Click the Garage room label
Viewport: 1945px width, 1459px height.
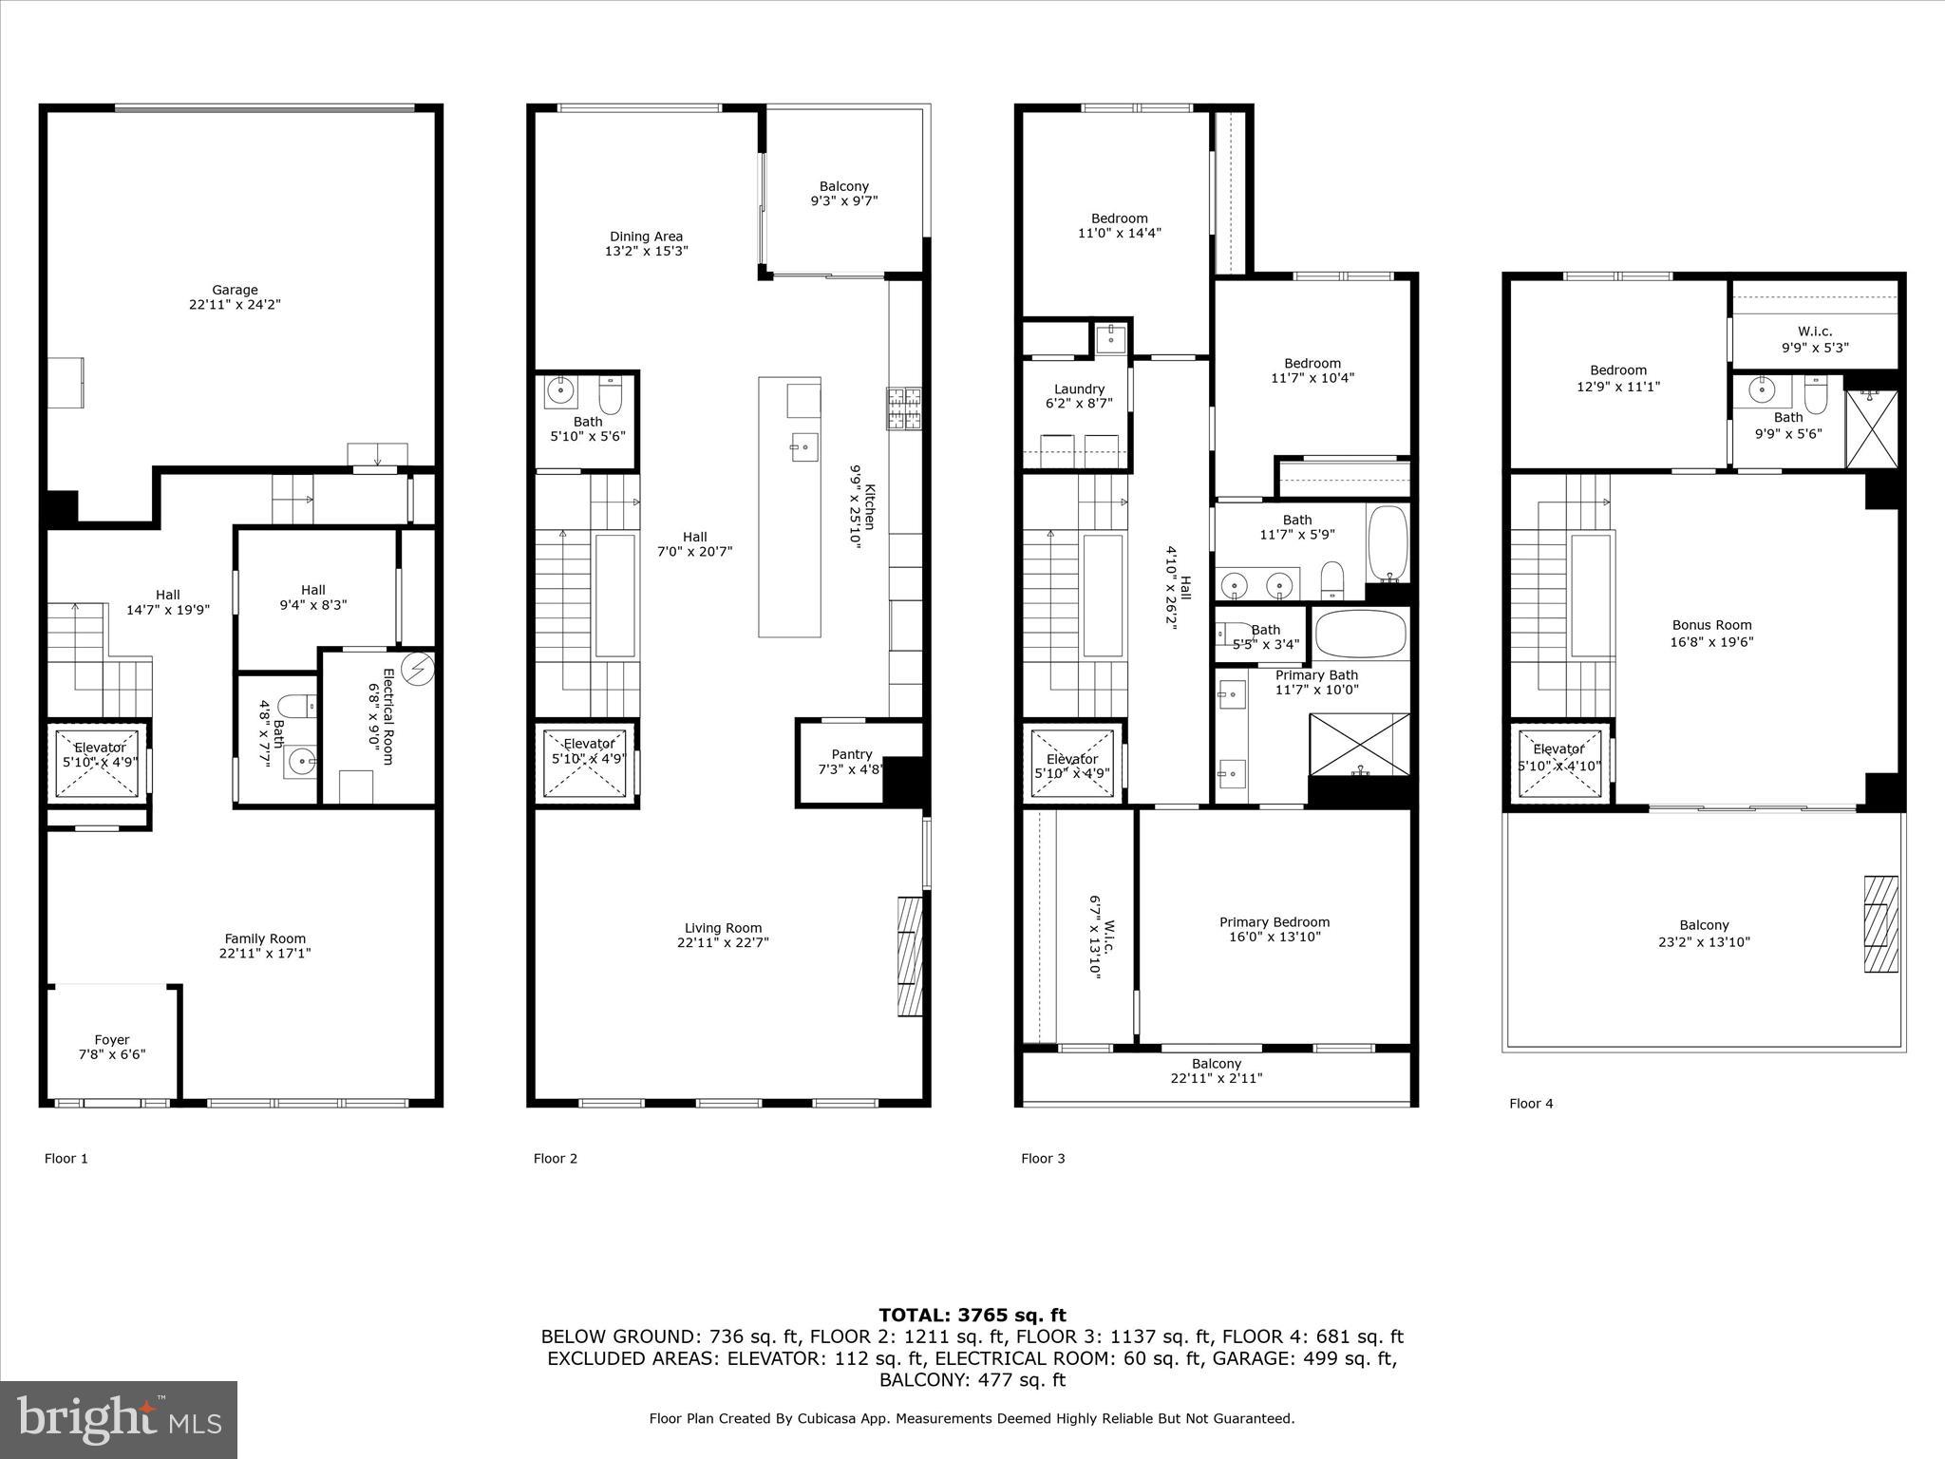pos(235,297)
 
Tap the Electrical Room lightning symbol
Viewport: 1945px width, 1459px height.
pos(418,669)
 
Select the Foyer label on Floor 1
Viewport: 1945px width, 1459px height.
pos(112,1047)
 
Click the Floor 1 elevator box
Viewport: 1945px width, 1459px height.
pos(100,762)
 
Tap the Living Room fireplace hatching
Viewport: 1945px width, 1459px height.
pos(910,956)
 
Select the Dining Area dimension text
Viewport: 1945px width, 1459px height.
pos(646,252)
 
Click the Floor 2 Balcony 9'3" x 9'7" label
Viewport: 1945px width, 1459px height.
pos(843,194)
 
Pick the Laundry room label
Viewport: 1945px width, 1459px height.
pos(1079,396)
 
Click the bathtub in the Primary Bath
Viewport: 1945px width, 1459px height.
pos(1361,633)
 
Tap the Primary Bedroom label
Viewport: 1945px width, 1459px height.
pos(1275,929)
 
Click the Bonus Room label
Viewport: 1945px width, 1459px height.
pos(1711,633)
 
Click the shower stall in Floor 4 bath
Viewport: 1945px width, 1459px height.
pos(1871,429)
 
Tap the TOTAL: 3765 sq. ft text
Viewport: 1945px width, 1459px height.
pos(972,1315)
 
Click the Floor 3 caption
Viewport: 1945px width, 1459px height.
pos(1043,1158)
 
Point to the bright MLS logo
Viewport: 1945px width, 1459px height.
pos(119,1419)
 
